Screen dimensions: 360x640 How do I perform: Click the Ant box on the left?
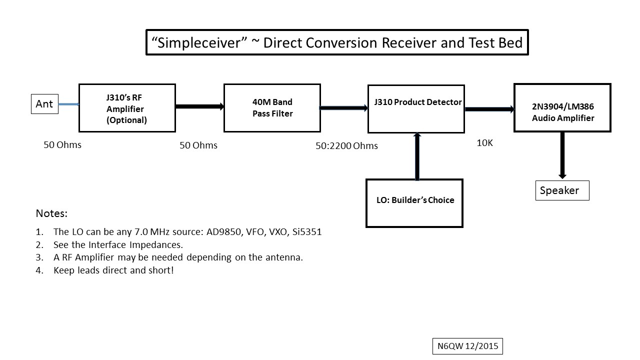(44, 104)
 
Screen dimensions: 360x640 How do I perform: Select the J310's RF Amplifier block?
(127, 108)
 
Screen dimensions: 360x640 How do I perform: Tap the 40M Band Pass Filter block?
(272, 108)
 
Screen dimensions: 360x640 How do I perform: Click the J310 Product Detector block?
(416, 108)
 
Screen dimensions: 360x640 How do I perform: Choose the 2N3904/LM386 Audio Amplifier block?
(562, 107)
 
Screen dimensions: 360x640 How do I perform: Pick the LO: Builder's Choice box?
(414, 203)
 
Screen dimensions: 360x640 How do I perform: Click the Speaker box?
(562, 190)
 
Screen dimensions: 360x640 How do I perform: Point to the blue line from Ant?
(68, 104)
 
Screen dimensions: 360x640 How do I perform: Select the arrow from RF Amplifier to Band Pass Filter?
(199, 106)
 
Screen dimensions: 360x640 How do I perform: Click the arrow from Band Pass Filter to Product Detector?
(343, 107)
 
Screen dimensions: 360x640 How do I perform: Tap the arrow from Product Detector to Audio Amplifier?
(489, 109)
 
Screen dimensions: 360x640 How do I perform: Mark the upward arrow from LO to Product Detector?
(417, 156)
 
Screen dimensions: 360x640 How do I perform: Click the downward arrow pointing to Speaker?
(562, 155)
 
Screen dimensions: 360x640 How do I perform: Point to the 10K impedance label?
(484, 143)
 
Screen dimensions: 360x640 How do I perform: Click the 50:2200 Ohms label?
(346, 146)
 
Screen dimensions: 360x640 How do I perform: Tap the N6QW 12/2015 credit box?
(467, 346)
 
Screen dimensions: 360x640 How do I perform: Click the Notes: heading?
(51, 213)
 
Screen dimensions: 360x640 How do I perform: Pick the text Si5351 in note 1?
(309, 232)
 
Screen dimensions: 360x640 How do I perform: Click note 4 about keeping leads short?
(113, 270)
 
